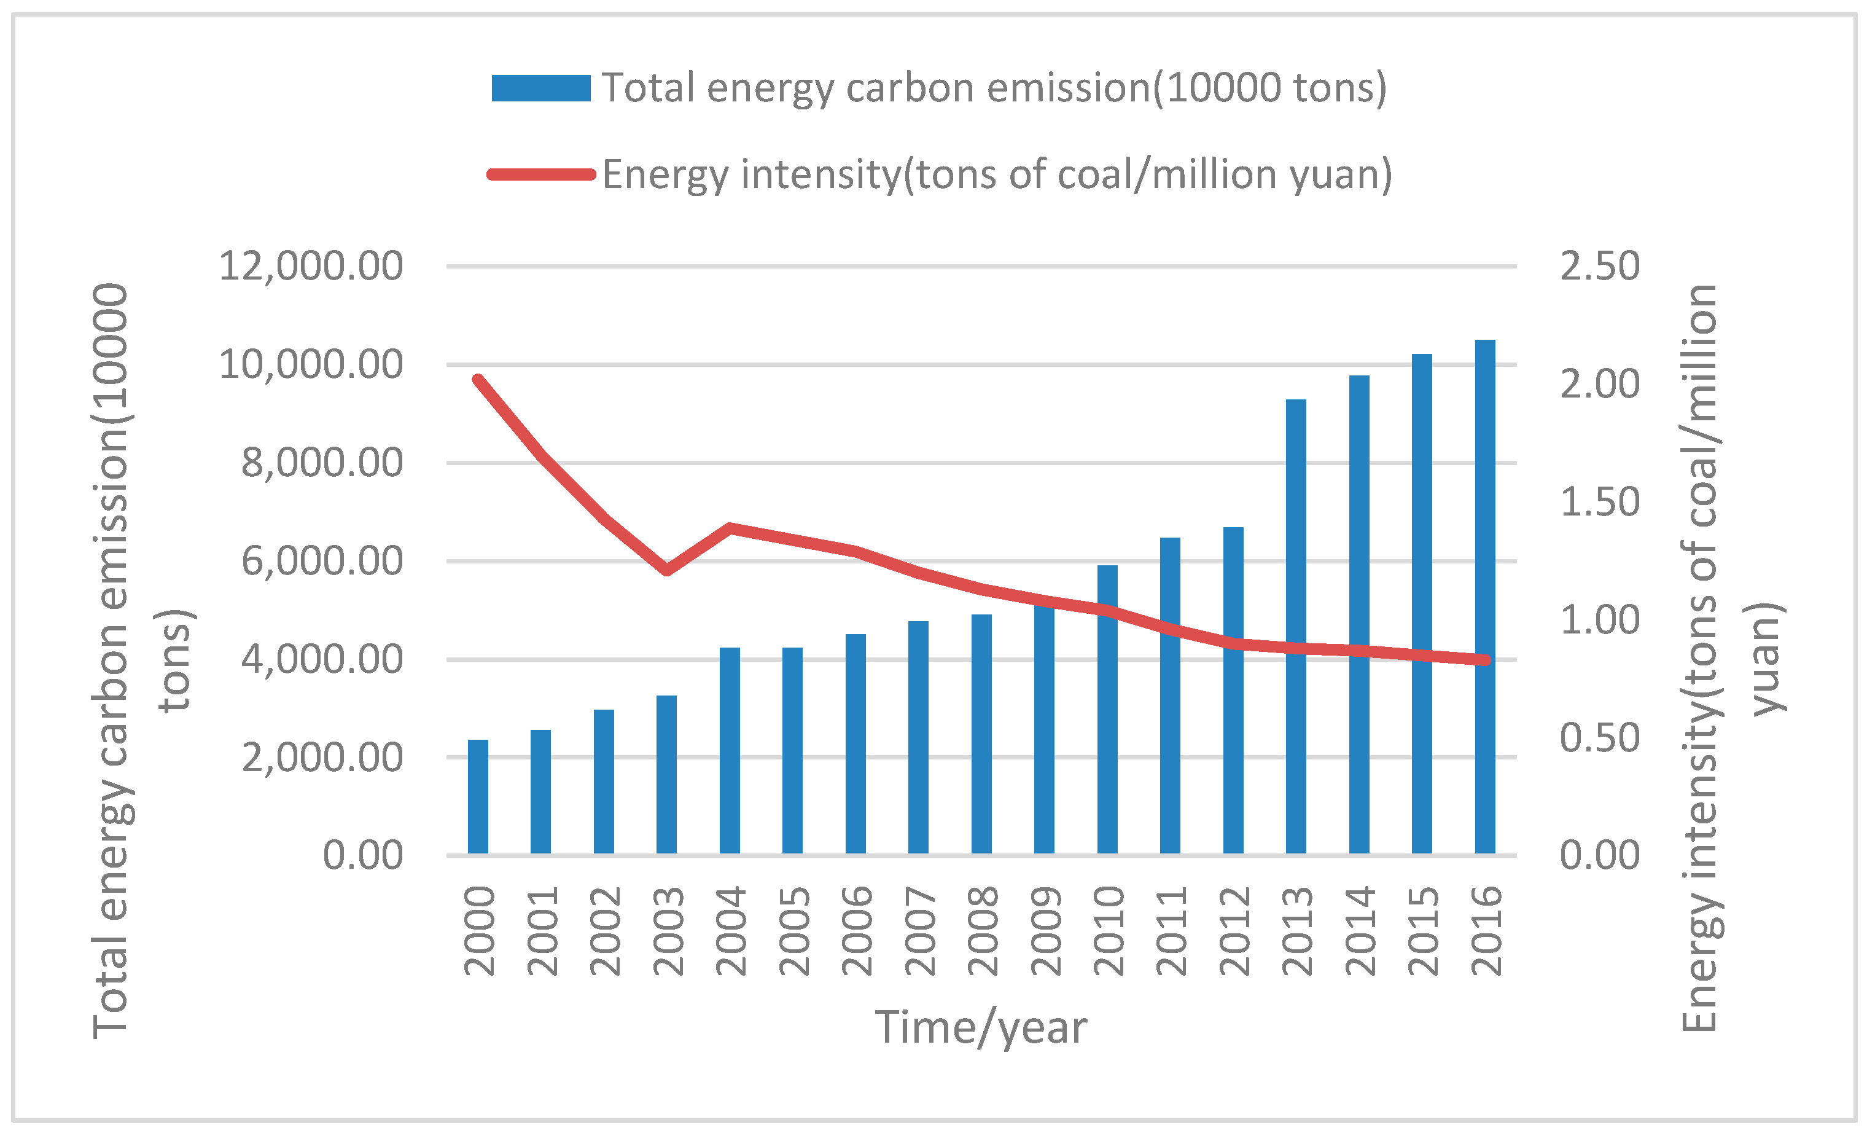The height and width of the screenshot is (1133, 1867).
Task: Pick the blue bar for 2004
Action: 730,751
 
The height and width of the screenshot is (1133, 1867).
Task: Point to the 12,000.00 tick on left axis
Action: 311,267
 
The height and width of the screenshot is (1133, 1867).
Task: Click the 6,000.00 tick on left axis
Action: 322,562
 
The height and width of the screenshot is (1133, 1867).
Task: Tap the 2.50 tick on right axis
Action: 1599,267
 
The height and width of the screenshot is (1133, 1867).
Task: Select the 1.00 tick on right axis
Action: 1599,621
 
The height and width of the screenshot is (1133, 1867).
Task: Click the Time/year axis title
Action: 981,1029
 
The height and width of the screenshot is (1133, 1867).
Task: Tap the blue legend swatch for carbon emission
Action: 541,88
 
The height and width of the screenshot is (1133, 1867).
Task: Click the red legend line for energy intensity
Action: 541,175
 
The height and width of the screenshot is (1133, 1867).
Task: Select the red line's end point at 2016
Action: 1485,660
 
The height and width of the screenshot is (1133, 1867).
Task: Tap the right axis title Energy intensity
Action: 1701,659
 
